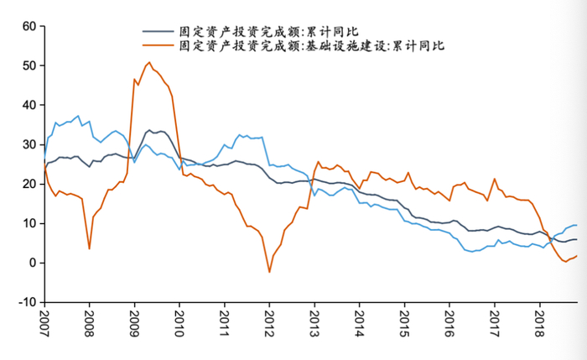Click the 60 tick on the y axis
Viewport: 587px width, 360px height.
pos(27,26)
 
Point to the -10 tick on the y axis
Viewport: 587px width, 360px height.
pos(24,302)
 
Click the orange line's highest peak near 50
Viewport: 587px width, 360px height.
pos(148,63)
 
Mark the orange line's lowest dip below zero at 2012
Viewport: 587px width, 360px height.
pos(269,271)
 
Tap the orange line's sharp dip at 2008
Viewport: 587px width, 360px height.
pos(90,248)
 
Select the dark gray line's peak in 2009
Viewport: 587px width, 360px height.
pos(149,131)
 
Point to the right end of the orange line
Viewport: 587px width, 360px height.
pos(577,257)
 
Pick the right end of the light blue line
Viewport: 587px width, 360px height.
pos(577,225)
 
